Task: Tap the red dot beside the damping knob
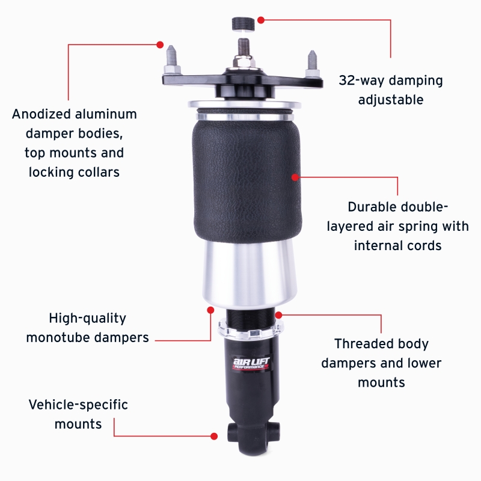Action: [x=260, y=20]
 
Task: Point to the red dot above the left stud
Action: [x=160, y=44]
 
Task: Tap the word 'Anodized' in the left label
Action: [x=41, y=114]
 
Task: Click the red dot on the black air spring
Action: [x=295, y=177]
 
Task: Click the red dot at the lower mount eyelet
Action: [x=214, y=435]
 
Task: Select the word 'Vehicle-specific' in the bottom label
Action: [x=78, y=405]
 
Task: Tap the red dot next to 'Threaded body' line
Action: [x=278, y=314]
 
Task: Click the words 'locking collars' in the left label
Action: [x=74, y=172]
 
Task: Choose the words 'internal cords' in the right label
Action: [x=397, y=245]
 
